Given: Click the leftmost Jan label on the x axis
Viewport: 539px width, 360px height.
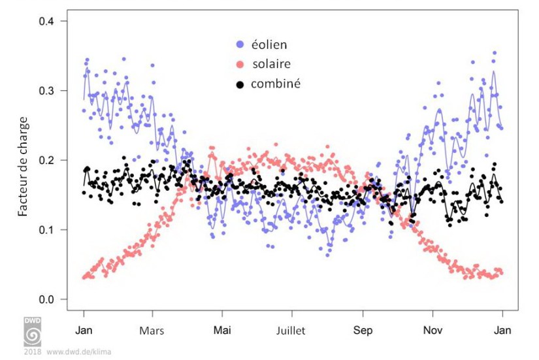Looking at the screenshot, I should click(84, 330).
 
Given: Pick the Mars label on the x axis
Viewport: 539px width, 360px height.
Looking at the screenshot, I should click(152, 331).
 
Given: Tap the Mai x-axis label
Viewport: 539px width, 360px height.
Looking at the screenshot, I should click(222, 330).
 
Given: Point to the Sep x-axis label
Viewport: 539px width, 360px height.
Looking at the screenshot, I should click(363, 331).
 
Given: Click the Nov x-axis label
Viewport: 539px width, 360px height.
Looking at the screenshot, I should click(433, 330).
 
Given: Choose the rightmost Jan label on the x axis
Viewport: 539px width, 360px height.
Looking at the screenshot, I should click(502, 330).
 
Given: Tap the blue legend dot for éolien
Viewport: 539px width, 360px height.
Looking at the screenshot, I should click(240, 45).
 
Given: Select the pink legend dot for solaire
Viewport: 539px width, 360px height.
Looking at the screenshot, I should click(240, 65).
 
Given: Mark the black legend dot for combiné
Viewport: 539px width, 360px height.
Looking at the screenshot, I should click(240, 84).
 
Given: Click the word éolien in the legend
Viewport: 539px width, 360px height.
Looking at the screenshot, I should click(269, 44).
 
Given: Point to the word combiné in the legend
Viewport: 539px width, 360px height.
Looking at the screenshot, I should click(276, 84).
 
